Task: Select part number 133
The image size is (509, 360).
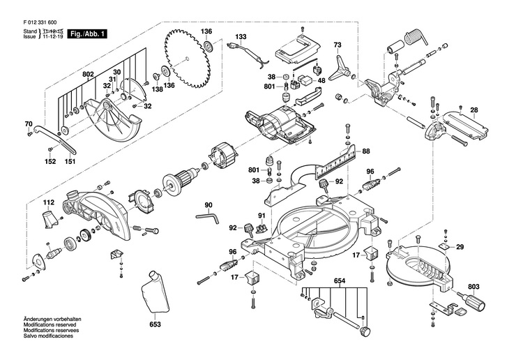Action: tap(241, 36)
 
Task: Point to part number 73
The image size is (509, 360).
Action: tap(337, 45)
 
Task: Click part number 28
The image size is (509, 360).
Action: tap(473, 110)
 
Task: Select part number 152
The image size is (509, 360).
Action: tap(50, 162)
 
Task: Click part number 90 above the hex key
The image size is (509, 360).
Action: tap(208, 204)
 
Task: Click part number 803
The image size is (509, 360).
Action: tap(473, 287)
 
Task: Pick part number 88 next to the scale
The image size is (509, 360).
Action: tap(366, 151)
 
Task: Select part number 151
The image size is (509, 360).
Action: tap(70, 162)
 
